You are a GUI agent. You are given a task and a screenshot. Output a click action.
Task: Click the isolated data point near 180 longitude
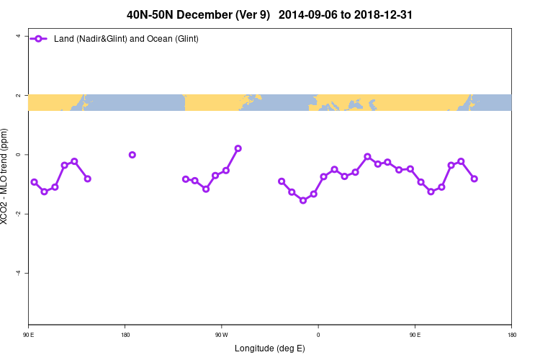pos(132,155)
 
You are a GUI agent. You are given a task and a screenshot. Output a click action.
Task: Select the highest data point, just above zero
pos(238,148)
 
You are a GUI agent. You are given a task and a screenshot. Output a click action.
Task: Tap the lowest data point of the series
pos(303,200)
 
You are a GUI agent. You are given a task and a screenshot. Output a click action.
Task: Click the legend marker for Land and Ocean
pos(40,38)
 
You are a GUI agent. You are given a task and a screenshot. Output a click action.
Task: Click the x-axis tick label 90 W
pos(221,335)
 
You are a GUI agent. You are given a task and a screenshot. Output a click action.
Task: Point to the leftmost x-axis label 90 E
pos(28,335)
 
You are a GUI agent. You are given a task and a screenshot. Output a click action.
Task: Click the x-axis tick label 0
pos(318,335)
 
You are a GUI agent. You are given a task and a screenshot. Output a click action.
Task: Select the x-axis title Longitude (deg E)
pos(270,348)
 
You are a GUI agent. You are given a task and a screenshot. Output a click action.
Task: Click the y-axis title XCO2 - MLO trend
pos(7,176)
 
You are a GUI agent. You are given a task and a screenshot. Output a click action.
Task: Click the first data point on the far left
pos(34,182)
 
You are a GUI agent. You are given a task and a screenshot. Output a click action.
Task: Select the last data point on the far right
pos(474,179)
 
